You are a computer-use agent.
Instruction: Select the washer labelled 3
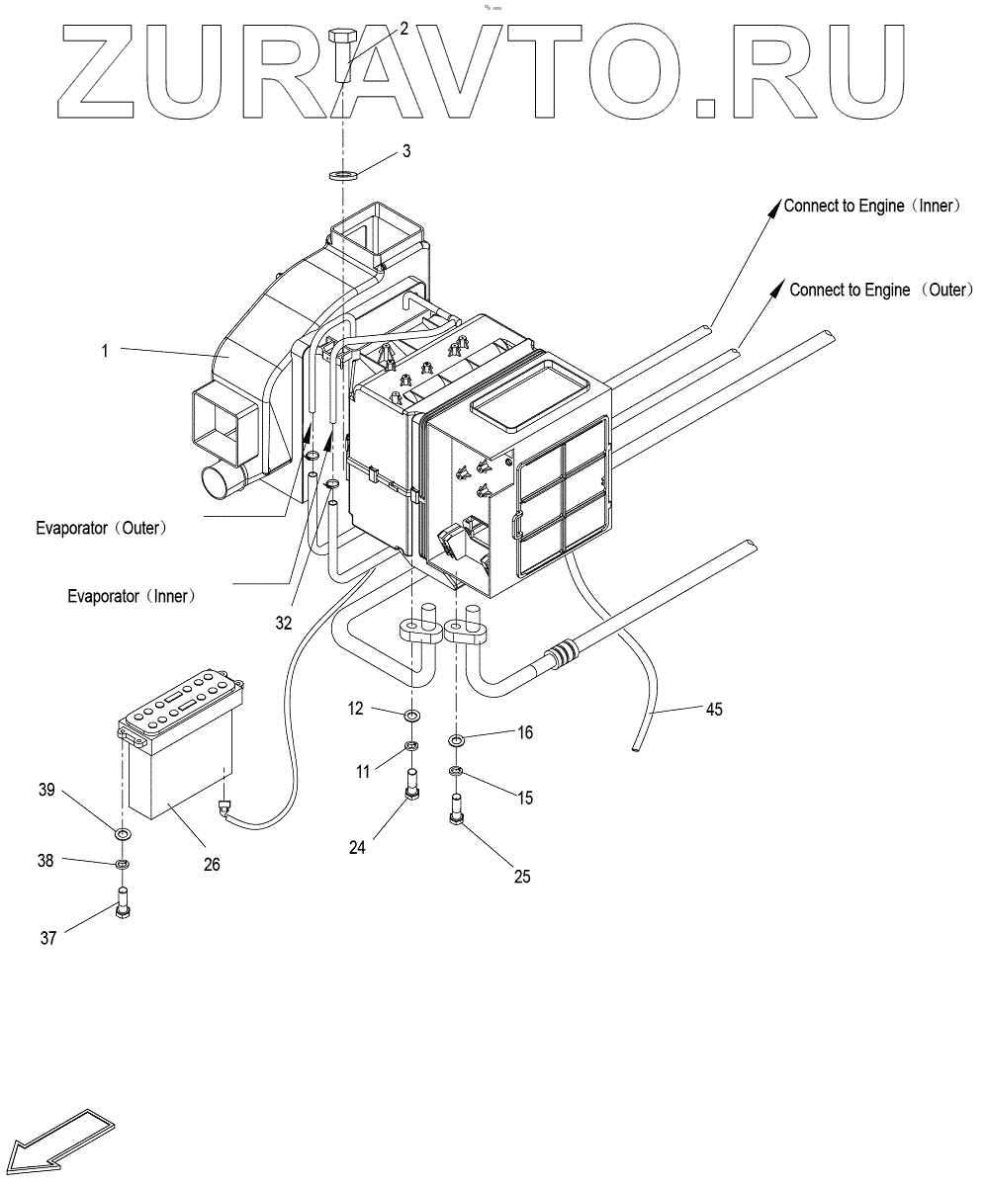pos(343,175)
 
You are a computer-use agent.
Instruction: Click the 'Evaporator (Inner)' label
pos(132,596)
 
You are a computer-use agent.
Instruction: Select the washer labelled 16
pos(456,741)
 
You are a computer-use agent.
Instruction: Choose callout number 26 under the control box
pos(212,863)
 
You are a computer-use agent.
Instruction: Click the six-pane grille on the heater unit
pos(561,491)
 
